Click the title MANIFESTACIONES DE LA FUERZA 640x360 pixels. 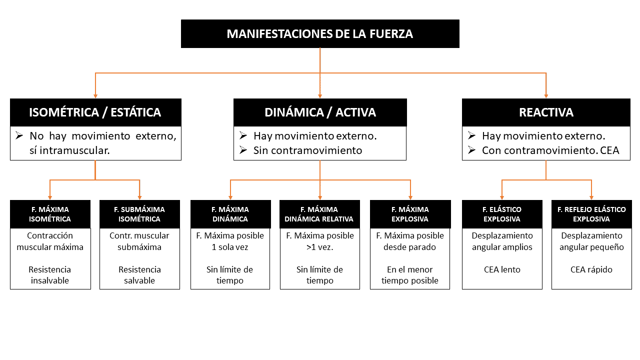click(x=320, y=34)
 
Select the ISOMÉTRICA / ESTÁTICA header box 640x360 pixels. click(x=95, y=112)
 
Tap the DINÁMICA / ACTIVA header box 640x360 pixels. click(x=320, y=112)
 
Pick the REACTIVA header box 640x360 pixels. click(x=546, y=112)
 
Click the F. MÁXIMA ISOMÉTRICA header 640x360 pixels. click(x=50, y=214)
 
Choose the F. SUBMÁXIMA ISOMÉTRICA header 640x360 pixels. click(x=139, y=214)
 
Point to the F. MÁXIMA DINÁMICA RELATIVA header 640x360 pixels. click(x=319, y=214)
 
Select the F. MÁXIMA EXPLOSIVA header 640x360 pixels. click(x=410, y=214)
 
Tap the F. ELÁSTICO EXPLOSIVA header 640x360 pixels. click(x=502, y=214)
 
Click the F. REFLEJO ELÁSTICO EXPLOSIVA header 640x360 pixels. click(x=591, y=214)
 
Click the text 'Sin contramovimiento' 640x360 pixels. click(x=307, y=150)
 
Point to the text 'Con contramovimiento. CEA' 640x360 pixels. click(x=550, y=150)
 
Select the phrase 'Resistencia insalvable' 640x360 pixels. click(x=50, y=275)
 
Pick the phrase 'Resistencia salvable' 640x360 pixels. click(x=139, y=275)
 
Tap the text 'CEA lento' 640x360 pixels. click(x=502, y=269)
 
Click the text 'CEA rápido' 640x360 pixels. click(x=591, y=269)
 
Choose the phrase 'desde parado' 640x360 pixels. click(x=410, y=246)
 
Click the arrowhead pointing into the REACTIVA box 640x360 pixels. click(x=546, y=95)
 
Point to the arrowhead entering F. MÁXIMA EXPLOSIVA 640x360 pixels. click(x=410, y=197)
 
